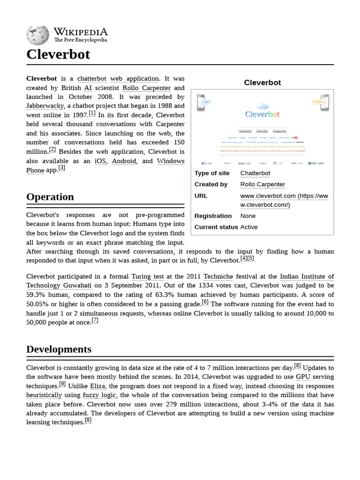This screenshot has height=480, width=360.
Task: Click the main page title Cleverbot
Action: point(58,55)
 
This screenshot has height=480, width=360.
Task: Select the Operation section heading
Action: point(50,197)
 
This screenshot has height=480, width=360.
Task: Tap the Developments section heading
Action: point(59,349)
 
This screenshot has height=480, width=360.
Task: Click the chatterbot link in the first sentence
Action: point(92,78)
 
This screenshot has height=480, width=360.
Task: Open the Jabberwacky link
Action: point(45,106)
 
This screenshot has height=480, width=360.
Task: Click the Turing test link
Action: point(147,277)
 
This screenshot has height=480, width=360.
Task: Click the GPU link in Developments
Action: point(303,376)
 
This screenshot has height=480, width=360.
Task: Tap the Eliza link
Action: point(97,386)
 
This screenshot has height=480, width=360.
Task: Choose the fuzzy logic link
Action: point(99,395)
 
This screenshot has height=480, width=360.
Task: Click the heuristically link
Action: point(44,395)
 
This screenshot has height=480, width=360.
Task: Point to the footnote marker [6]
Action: point(205,302)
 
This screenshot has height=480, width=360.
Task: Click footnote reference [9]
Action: point(62,384)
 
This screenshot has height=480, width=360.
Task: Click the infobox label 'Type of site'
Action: point(212,173)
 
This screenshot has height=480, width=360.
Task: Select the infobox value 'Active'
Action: point(249,227)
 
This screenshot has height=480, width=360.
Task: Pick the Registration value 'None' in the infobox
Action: point(248,216)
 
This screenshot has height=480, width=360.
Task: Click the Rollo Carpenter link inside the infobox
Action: point(262,184)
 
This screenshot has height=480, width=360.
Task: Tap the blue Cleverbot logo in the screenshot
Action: point(262,113)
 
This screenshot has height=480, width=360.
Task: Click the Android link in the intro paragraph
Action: point(124,161)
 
